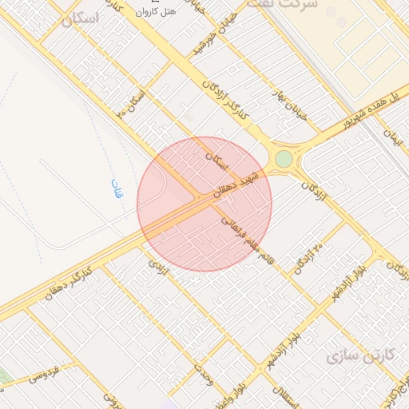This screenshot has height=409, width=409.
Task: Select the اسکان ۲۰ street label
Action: click(x=133, y=103)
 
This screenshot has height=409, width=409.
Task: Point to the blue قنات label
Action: click(x=117, y=190)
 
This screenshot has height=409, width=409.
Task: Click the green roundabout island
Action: click(x=284, y=159)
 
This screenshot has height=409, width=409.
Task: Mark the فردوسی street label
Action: click(x=46, y=373)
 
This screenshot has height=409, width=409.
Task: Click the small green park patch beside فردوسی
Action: click(x=2, y=375)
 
